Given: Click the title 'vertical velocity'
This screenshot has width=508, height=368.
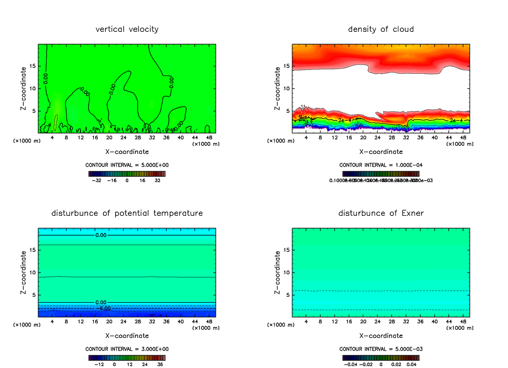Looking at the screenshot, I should pyautogui.click(x=127, y=29).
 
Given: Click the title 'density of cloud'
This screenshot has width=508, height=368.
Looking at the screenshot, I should pyautogui.click(x=381, y=29).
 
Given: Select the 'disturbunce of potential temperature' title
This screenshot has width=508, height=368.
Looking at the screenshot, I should pyautogui.click(x=127, y=213).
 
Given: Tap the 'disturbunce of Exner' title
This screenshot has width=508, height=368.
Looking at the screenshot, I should pyautogui.click(x=381, y=213).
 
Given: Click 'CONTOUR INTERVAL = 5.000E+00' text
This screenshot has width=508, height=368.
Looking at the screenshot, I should pyautogui.click(x=127, y=164).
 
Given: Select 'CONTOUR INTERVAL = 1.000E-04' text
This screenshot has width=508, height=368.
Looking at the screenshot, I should pyautogui.click(x=381, y=164).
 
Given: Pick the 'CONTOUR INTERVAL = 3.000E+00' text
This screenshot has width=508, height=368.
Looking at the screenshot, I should pyautogui.click(x=127, y=349).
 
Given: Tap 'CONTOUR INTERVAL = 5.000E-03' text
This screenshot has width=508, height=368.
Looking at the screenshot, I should pyautogui.click(x=381, y=349).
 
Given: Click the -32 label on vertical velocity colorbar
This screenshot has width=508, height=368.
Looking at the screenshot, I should pyautogui.click(x=98, y=180).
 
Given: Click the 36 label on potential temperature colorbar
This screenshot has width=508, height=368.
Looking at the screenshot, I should pyautogui.click(x=160, y=364).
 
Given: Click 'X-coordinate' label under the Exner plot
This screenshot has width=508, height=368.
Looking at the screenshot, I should pyautogui.click(x=381, y=336).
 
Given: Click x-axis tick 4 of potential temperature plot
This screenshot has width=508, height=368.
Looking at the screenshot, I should pyautogui.click(x=52, y=322).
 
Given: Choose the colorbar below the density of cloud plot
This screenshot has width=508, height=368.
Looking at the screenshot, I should pyautogui.click(x=381, y=174).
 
